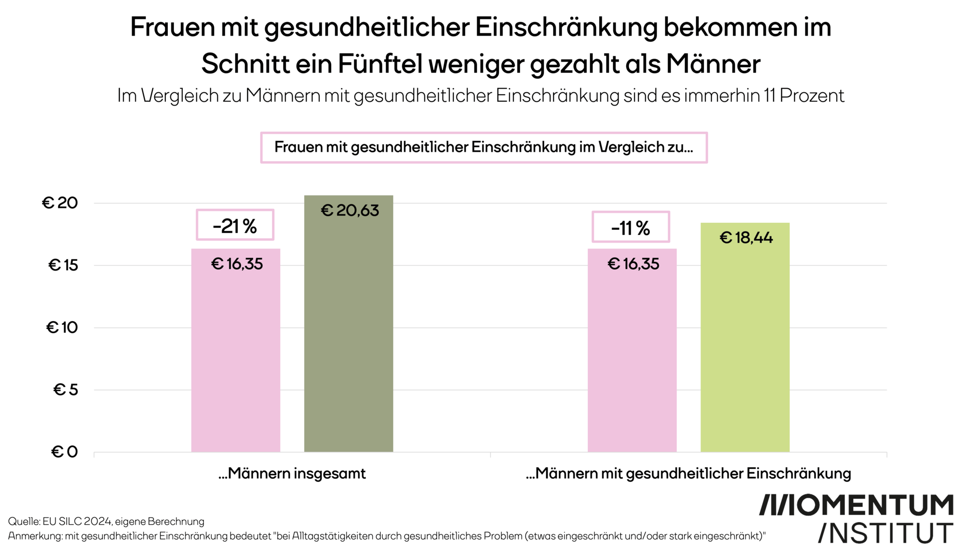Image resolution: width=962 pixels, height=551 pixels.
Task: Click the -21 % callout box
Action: (234, 225)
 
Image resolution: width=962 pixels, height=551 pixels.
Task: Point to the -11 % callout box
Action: (630, 227)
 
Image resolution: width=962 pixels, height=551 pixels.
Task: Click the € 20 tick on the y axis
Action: (60, 203)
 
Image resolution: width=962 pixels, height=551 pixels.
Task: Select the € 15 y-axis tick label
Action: (63, 265)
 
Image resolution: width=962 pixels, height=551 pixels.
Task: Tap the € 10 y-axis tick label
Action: (62, 328)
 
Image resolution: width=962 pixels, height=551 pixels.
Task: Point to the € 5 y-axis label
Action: (66, 390)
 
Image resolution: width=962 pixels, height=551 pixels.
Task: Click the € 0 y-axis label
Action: (65, 452)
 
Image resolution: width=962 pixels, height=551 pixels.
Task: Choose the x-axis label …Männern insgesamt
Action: (292, 473)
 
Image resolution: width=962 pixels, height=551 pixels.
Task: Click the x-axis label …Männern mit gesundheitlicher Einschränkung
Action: (688, 473)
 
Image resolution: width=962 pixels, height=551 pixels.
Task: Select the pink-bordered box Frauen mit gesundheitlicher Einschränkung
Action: (484, 147)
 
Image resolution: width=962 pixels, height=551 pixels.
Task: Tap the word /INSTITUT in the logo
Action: (885, 533)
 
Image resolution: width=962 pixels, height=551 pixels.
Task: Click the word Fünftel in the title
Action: (379, 64)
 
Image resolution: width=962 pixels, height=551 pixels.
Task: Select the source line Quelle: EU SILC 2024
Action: (106, 521)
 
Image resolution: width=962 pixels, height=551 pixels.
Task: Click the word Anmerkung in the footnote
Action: (34, 536)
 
